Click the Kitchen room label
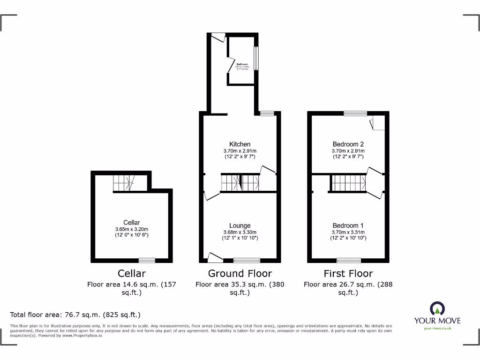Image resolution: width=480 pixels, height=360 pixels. (x=240, y=144)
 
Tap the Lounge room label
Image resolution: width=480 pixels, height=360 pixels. (x=240, y=225)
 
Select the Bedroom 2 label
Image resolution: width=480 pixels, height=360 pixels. (x=348, y=144)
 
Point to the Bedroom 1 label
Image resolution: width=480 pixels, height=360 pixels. (x=348, y=225)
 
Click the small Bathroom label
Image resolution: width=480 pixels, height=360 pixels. (x=242, y=64)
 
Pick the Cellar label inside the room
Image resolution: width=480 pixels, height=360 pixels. (x=132, y=223)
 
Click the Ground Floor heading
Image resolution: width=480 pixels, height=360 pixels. (x=240, y=273)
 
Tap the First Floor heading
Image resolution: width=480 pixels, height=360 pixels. (x=348, y=273)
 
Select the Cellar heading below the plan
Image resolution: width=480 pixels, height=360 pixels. (x=132, y=273)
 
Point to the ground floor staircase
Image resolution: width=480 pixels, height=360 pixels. (x=240, y=182)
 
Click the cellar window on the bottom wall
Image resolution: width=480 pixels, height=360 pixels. (x=147, y=260)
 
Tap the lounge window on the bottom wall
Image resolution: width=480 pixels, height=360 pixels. (x=247, y=260)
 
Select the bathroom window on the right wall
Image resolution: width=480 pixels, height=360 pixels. (x=256, y=58)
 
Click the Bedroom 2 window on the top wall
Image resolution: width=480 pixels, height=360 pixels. (x=355, y=113)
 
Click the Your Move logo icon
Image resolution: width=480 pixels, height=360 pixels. (x=437, y=309)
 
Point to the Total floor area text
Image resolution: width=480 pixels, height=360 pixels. (x=75, y=315)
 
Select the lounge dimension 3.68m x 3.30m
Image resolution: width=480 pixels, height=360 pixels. (x=240, y=232)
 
